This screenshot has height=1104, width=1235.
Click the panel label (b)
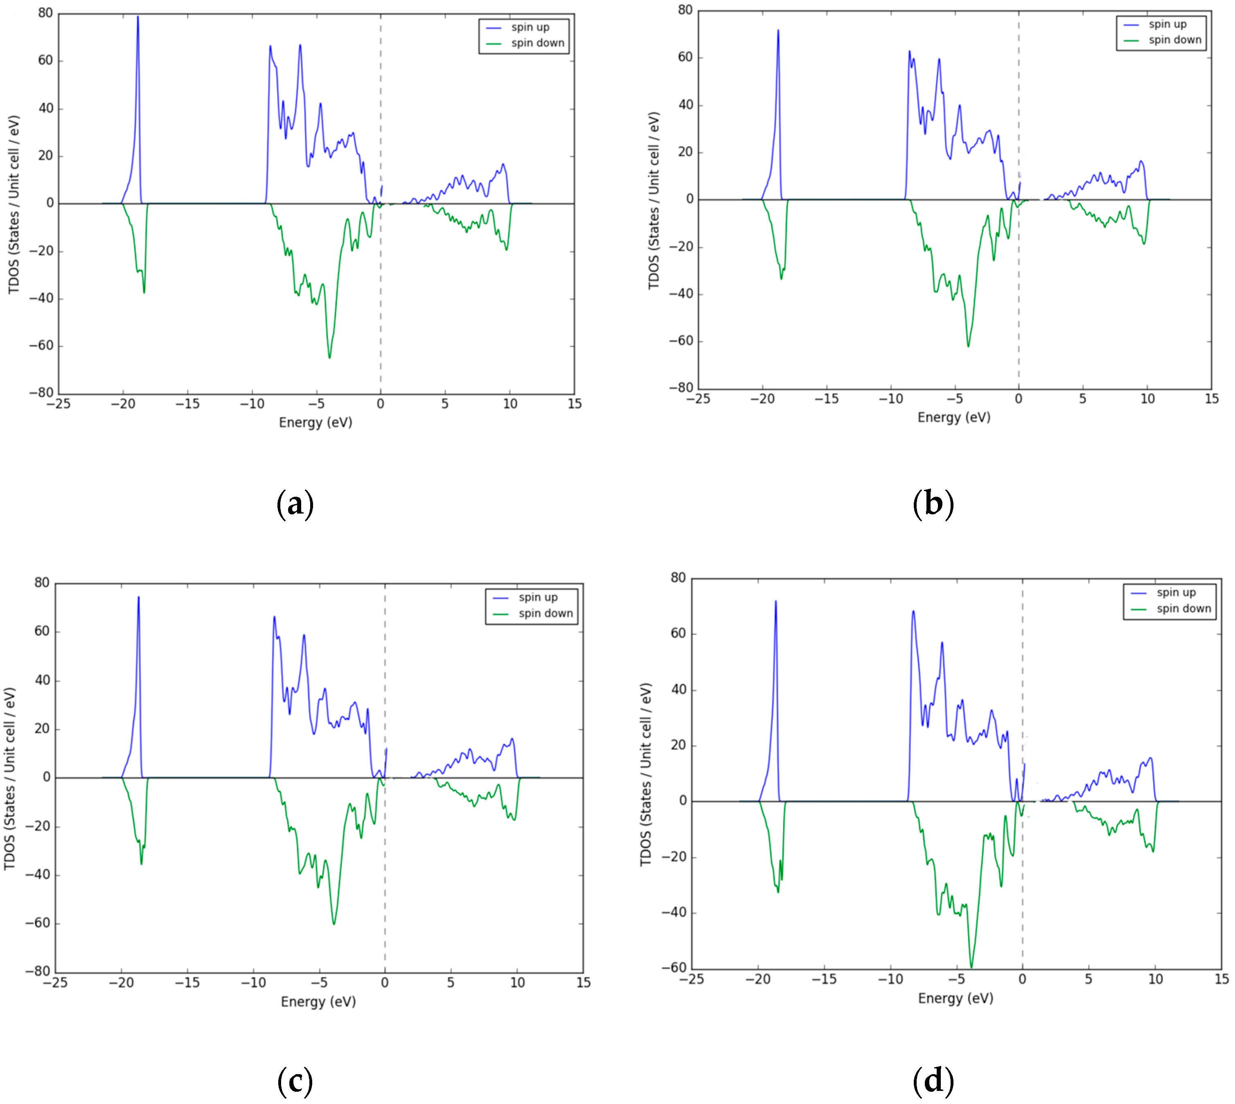[x=933, y=504]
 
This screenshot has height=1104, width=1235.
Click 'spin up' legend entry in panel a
[x=530, y=27]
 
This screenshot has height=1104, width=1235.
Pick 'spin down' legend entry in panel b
[x=1174, y=40]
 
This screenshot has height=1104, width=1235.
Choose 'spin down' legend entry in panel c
[x=545, y=613]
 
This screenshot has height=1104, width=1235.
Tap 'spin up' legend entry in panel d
[x=1176, y=593]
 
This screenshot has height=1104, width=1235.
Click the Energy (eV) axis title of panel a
[x=316, y=422]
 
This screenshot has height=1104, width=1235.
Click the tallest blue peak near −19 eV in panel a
[x=137, y=17]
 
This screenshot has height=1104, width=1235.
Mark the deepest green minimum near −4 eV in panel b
[x=968, y=346]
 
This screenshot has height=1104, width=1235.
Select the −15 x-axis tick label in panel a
[x=187, y=404]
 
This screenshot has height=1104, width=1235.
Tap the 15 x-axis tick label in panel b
[x=1211, y=399]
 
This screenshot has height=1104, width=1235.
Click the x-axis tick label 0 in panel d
[x=1022, y=979]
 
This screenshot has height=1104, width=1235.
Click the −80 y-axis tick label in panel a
[x=41, y=392]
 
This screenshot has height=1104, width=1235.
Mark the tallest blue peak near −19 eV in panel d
[x=775, y=602]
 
